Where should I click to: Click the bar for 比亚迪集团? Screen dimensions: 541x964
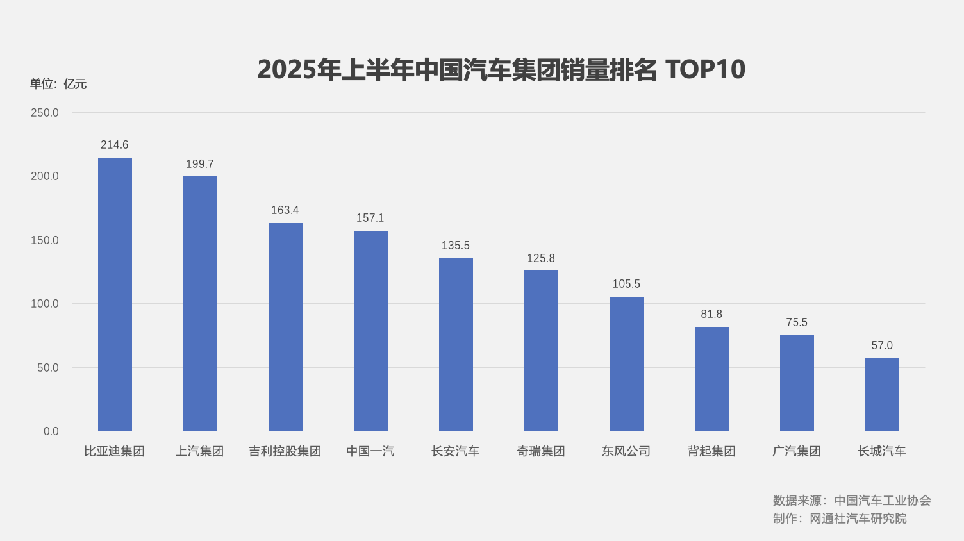[x=115, y=294]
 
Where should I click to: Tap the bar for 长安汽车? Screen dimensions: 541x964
[x=456, y=344]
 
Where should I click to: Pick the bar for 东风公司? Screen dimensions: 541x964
[x=626, y=363]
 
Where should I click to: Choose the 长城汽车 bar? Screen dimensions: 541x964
[x=882, y=394]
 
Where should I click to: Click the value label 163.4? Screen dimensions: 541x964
[x=285, y=210]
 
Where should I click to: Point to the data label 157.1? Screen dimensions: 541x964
[x=370, y=218]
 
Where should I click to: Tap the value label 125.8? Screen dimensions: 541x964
[x=541, y=258]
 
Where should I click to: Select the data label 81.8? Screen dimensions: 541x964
[x=711, y=314]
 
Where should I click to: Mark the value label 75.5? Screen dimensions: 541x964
[x=797, y=322]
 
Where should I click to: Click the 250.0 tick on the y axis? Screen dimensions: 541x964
[x=45, y=113]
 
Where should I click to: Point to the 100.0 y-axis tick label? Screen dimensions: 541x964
[x=45, y=304]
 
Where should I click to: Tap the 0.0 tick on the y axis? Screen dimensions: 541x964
[x=51, y=431]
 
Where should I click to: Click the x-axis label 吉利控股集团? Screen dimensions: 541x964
[x=285, y=451]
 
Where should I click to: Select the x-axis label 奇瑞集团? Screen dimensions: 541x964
[x=541, y=451]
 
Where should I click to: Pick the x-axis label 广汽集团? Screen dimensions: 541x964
[x=797, y=451]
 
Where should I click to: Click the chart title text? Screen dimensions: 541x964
[x=501, y=69]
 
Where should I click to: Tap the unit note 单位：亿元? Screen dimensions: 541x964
[x=58, y=84]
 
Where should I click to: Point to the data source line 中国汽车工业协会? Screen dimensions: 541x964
[x=852, y=501]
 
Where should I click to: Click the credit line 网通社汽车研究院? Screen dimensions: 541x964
[x=840, y=519]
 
